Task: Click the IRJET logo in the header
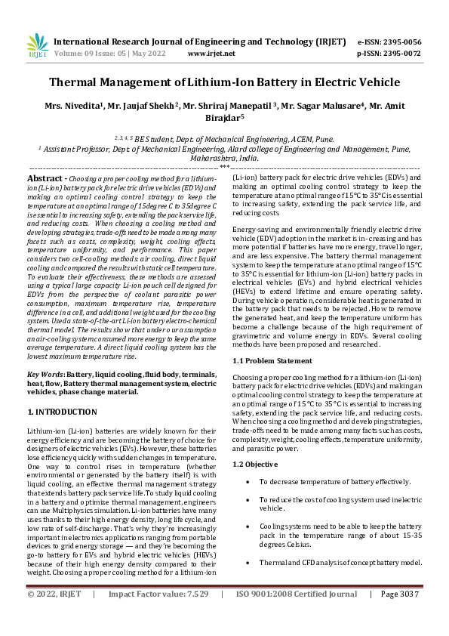tap(37, 48)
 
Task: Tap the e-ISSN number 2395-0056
tap(401, 42)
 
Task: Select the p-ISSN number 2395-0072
tap(401, 54)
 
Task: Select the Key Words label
tap(45, 375)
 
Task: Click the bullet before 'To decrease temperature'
tap(248, 481)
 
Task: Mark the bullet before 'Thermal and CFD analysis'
tap(248, 563)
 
